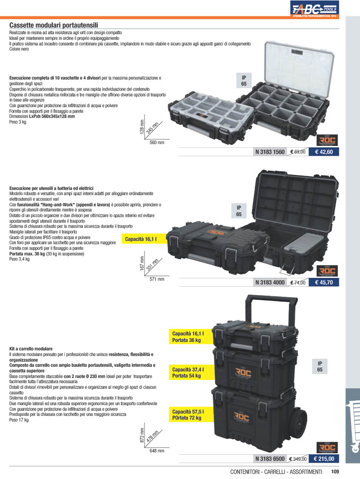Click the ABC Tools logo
(x=315, y=8)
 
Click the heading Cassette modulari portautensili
(x=54, y=25)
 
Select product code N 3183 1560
(x=270, y=152)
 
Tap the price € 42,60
(x=324, y=152)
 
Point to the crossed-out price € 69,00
(x=297, y=152)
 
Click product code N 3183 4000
(x=270, y=283)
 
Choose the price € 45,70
(x=324, y=283)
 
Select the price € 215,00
(x=324, y=459)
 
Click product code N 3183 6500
(x=270, y=459)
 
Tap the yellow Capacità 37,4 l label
(x=191, y=373)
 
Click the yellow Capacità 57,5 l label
(x=191, y=414)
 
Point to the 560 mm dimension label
(x=157, y=143)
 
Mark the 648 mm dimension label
(x=157, y=451)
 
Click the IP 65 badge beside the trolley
(x=320, y=367)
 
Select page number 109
(x=335, y=472)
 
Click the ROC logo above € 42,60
(x=327, y=141)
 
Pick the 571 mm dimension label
(x=157, y=279)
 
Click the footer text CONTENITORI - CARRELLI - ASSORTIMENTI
(x=276, y=472)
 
